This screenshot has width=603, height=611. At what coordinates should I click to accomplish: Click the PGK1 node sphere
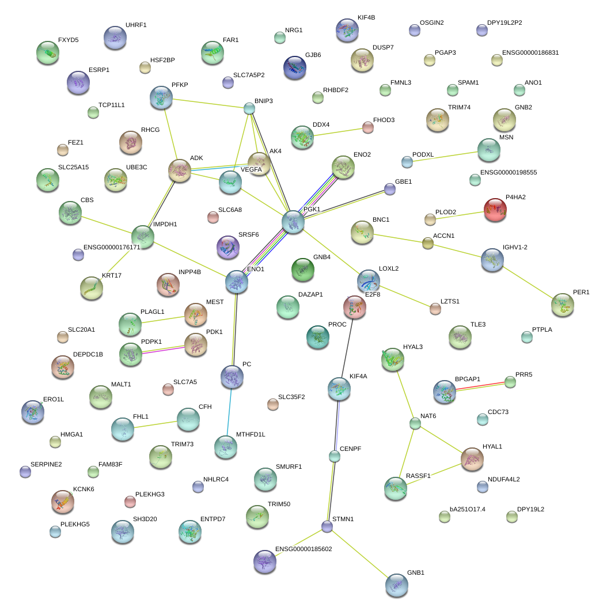tap(293, 222)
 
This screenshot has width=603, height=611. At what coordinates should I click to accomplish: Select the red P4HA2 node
tap(495, 210)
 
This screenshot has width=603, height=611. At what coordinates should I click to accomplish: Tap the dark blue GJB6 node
tap(294, 67)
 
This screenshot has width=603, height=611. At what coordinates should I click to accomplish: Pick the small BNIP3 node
tap(249, 108)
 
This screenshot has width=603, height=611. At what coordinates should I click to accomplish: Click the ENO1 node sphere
tap(237, 282)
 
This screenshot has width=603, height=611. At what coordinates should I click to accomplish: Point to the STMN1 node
tap(327, 526)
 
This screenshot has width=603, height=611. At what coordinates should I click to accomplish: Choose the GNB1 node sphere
tap(396, 585)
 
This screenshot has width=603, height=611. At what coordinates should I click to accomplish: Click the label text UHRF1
tap(136, 25)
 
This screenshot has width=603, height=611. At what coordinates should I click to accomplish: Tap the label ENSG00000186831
tap(530, 53)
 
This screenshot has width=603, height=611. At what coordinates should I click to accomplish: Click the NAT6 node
tap(415, 424)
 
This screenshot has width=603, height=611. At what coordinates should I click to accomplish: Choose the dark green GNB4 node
tap(303, 270)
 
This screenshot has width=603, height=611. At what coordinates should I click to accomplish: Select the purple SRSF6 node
tap(227, 247)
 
